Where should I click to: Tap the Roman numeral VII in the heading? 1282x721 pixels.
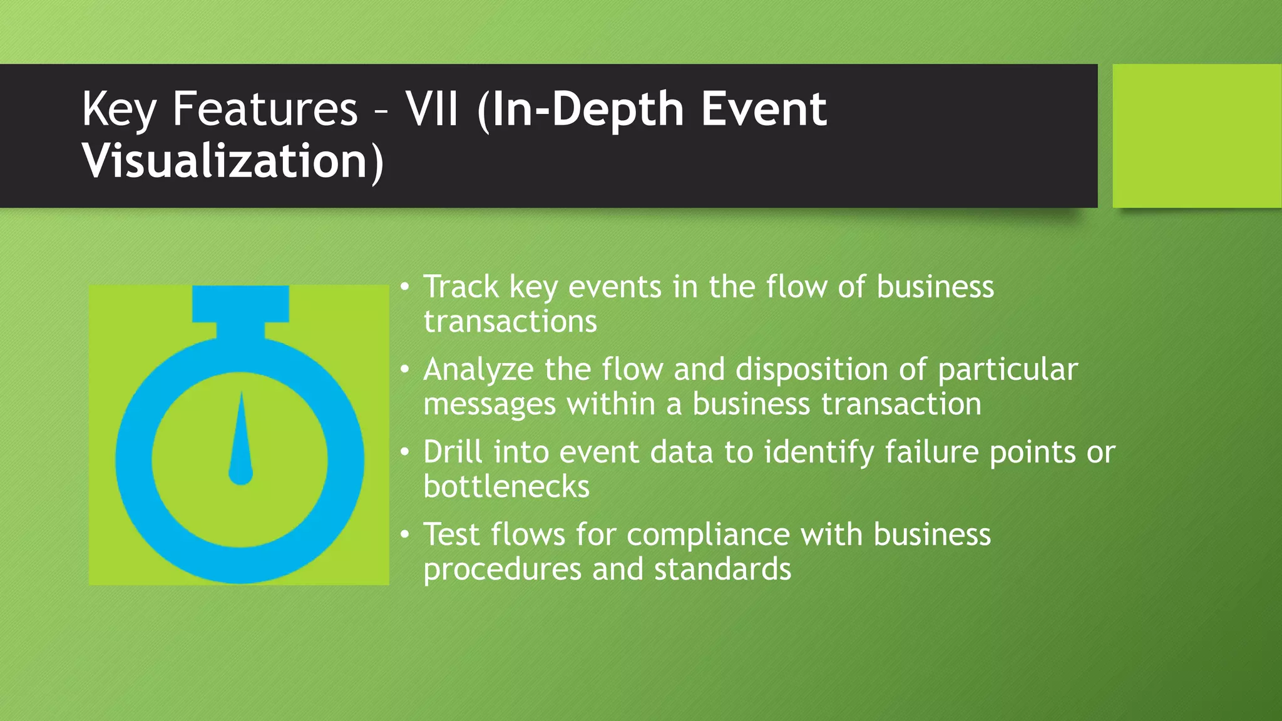[432, 109]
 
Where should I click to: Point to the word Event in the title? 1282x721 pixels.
[764, 109]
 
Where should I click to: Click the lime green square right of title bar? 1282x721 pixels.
[1196, 136]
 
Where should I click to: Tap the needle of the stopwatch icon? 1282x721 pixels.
[241, 438]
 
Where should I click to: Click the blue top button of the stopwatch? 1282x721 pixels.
[240, 304]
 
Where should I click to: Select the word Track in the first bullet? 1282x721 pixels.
[461, 287]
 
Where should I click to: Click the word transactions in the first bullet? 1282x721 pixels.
[510, 322]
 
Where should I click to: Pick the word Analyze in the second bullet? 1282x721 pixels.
[478, 370]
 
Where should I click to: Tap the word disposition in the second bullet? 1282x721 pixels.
[811, 370]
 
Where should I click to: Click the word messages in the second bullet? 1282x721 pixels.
[490, 404]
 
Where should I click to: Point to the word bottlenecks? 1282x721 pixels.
[506, 487]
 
